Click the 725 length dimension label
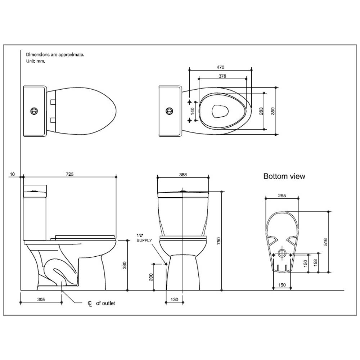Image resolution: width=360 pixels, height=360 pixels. pos(70,174)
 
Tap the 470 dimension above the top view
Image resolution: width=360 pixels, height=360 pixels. pos(220,67)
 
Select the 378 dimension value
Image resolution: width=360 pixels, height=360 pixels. pos(222,76)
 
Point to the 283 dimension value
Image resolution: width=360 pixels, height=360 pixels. pos(261,111)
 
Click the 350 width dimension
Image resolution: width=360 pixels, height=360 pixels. pos(273,111)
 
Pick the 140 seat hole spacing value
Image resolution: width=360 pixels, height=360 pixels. pos(193,111)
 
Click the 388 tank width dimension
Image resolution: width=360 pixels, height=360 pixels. pos(183,175)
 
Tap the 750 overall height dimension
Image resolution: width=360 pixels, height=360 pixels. pos(219,241)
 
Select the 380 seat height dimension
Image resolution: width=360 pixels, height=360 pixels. pos(125,265)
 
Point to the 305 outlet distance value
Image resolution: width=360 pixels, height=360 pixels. pos(41,300)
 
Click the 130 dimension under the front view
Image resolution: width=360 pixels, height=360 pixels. pos(175,300)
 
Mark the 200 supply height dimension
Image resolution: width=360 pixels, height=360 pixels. pos(151,277)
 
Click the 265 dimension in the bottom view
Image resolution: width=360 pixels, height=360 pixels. pos(282,195)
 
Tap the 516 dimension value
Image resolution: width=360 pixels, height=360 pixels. pos(325,242)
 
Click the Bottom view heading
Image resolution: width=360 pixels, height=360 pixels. pos(284,176)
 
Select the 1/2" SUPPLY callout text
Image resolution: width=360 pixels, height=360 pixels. pos(144,238)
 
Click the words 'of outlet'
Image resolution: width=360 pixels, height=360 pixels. pos(105,303)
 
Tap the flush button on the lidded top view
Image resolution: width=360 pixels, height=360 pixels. pos(34,111)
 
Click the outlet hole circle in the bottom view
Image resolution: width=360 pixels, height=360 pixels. pos(282,253)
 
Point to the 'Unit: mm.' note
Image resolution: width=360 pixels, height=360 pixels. pos(36,61)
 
